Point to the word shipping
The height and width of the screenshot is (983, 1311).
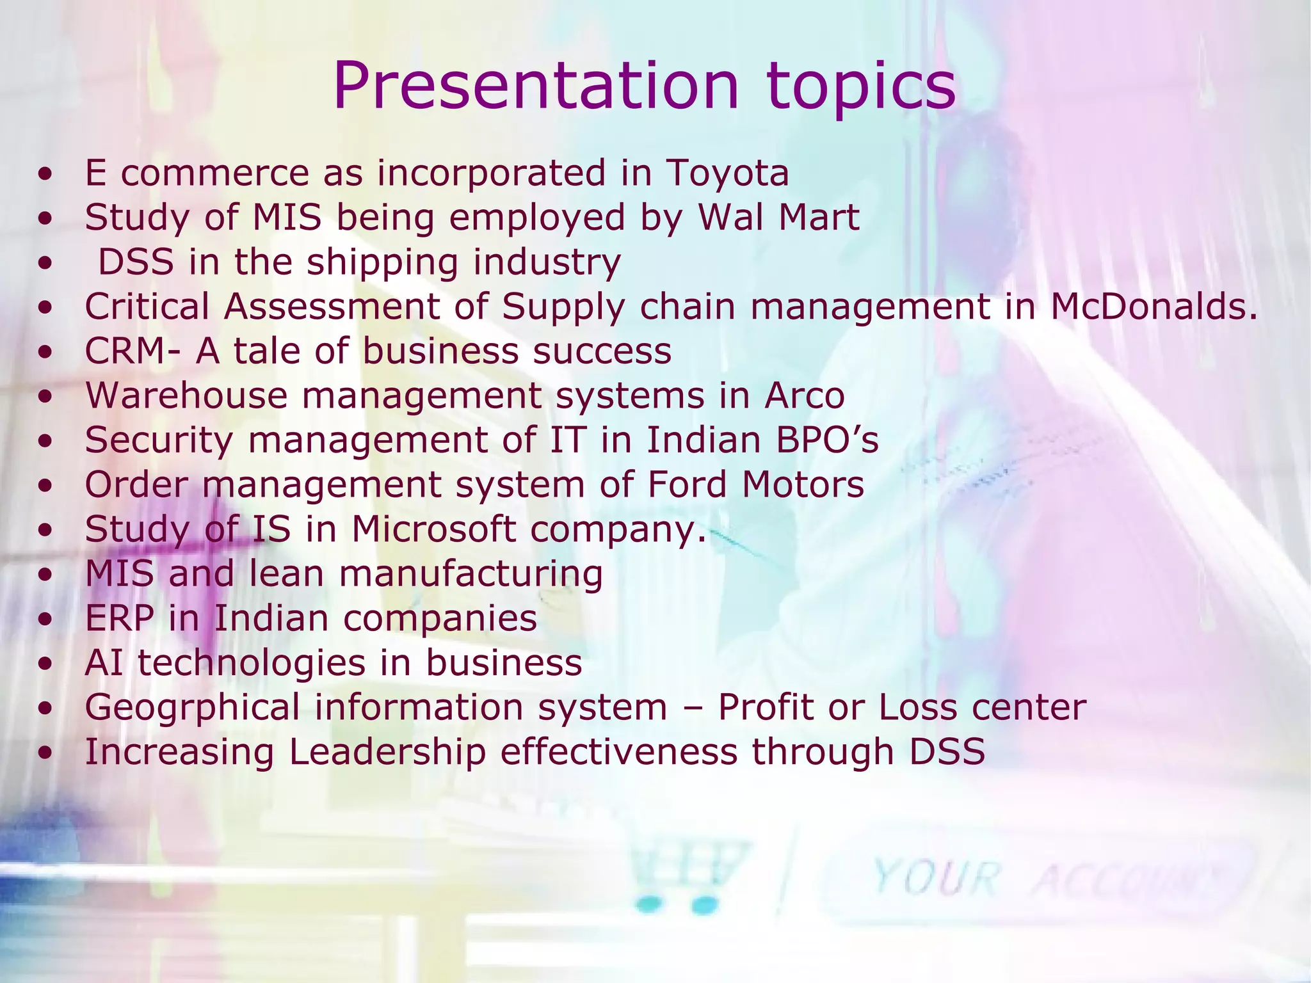(382, 263)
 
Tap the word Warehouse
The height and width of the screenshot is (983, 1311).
(186, 396)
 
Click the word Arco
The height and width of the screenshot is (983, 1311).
(805, 396)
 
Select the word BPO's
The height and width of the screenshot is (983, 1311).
(828, 440)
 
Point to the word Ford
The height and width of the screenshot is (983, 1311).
(687, 484)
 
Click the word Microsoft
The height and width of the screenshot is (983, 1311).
(433, 529)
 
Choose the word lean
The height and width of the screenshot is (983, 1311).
(286, 573)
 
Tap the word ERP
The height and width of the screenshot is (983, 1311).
(120, 618)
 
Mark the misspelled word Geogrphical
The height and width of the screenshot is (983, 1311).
(192, 708)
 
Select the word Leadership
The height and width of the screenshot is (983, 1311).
(387, 752)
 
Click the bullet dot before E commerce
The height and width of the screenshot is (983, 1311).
(45, 175)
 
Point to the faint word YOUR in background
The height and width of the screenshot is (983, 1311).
(935, 877)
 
